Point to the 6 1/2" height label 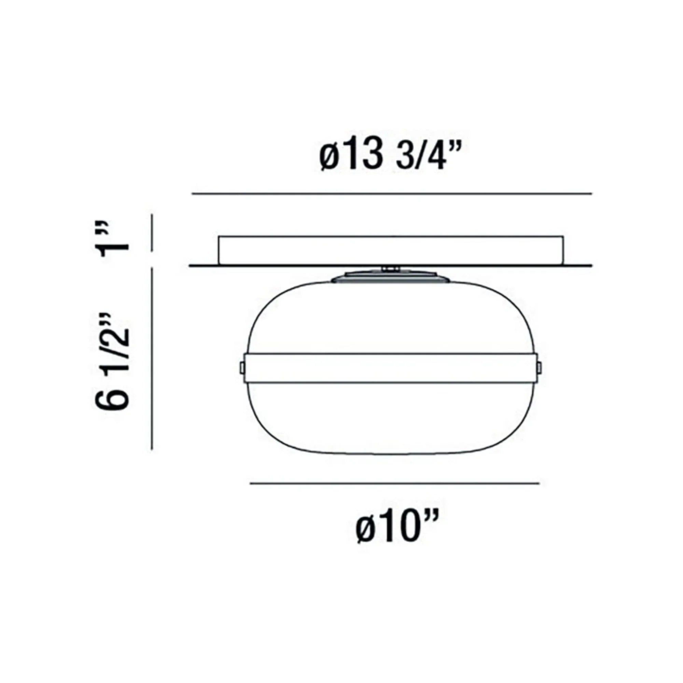pyautogui.click(x=112, y=361)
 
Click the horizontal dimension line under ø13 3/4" pyautogui.click(x=392, y=194)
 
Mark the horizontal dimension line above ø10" pyautogui.click(x=394, y=483)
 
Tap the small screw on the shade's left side pyautogui.click(x=242, y=367)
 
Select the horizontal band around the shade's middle pyautogui.click(x=390, y=367)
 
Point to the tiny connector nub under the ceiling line pyautogui.click(x=390, y=269)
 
